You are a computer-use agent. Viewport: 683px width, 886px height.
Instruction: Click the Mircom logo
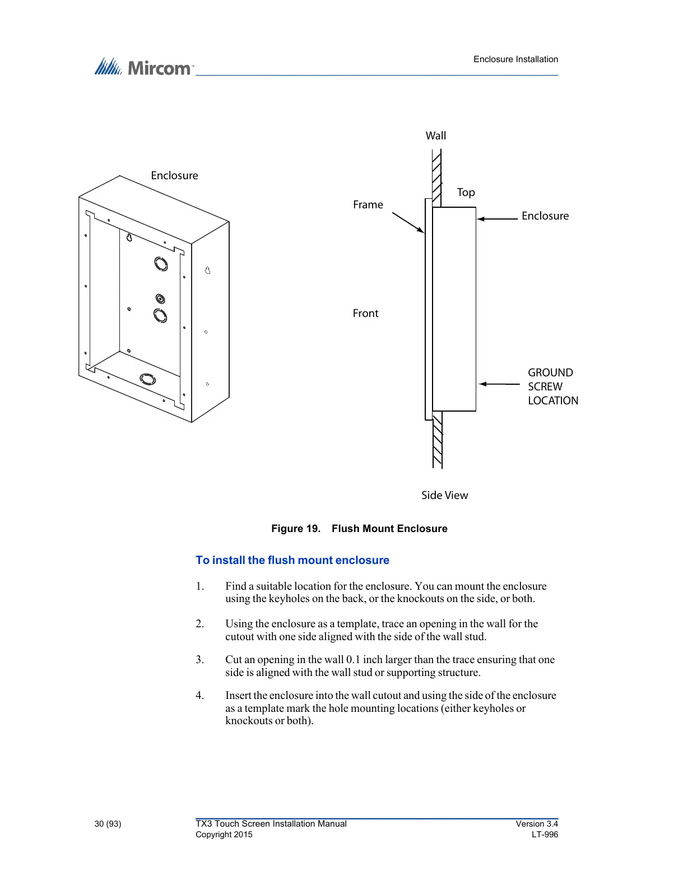click(x=144, y=67)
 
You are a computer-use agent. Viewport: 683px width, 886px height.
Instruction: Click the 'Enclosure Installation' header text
click(x=515, y=59)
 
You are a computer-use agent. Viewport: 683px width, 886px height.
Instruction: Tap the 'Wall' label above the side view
click(x=436, y=136)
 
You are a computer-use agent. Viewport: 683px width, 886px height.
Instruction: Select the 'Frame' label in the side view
click(x=368, y=205)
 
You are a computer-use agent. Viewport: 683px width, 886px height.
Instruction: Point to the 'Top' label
click(x=466, y=193)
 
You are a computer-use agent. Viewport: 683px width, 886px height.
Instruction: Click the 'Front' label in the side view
click(x=365, y=314)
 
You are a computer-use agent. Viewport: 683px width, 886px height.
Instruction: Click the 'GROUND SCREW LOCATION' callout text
click(x=552, y=386)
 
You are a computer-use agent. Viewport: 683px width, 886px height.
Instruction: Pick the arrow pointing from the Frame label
click(x=408, y=222)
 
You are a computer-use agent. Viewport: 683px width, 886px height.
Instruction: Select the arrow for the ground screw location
click(x=500, y=384)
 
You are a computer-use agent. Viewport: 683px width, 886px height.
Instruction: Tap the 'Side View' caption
click(x=444, y=496)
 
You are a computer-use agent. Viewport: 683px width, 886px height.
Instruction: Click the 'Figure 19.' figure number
click(x=295, y=529)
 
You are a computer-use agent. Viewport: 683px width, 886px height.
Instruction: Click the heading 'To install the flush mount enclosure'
click(x=292, y=561)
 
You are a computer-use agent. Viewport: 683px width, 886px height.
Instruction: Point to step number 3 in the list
click(x=199, y=660)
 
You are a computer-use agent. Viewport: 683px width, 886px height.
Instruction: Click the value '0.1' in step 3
click(x=353, y=660)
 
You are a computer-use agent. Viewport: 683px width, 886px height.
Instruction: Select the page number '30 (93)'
click(x=108, y=824)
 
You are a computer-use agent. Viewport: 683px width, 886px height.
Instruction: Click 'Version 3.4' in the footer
click(x=537, y=824)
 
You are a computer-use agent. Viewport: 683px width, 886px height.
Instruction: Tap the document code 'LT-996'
click(x=545, y=834)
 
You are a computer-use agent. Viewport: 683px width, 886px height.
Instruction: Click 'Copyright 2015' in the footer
click(x=224, y=834)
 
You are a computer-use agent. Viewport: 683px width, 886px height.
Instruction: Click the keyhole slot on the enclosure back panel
click(x=129, y=237)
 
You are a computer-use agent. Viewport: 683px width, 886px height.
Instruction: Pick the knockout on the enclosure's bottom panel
click(x=147, y=379)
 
